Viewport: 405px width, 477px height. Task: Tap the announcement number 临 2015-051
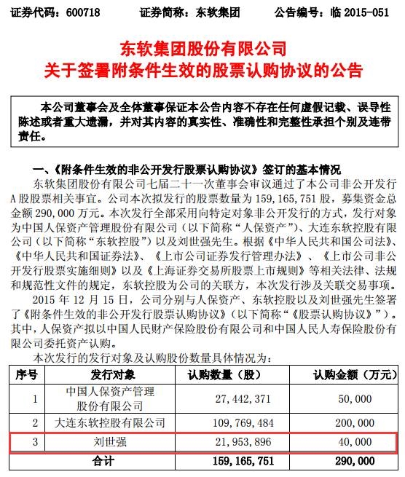tap(358, 12)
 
